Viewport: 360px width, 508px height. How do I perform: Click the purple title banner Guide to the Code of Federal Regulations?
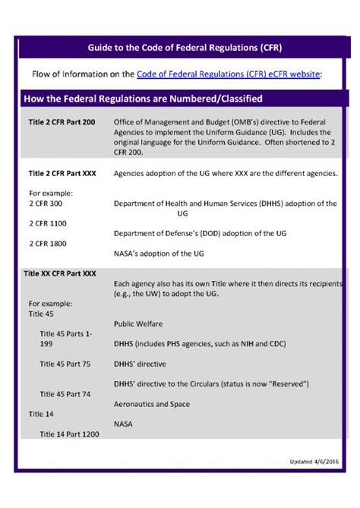[180, 48]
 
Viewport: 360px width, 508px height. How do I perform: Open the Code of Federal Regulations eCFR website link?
[229, 74]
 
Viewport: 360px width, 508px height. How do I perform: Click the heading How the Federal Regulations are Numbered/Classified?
[144, 99]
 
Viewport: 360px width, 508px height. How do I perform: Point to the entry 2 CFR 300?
[47, 204]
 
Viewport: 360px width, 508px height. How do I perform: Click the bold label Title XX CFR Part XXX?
[60, 273]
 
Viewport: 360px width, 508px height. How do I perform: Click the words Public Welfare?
[138, 323]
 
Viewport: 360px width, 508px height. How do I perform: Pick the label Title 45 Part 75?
[65, 364]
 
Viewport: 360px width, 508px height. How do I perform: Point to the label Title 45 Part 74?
[65, 394]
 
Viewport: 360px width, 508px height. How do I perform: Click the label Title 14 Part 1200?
[69, 434]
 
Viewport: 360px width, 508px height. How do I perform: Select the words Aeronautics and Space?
[151, 404]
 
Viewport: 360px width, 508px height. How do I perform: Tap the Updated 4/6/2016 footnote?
[314, 461]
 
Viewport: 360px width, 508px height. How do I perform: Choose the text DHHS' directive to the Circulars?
[211, 384]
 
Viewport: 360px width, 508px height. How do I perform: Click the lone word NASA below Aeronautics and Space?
[124, 423]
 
